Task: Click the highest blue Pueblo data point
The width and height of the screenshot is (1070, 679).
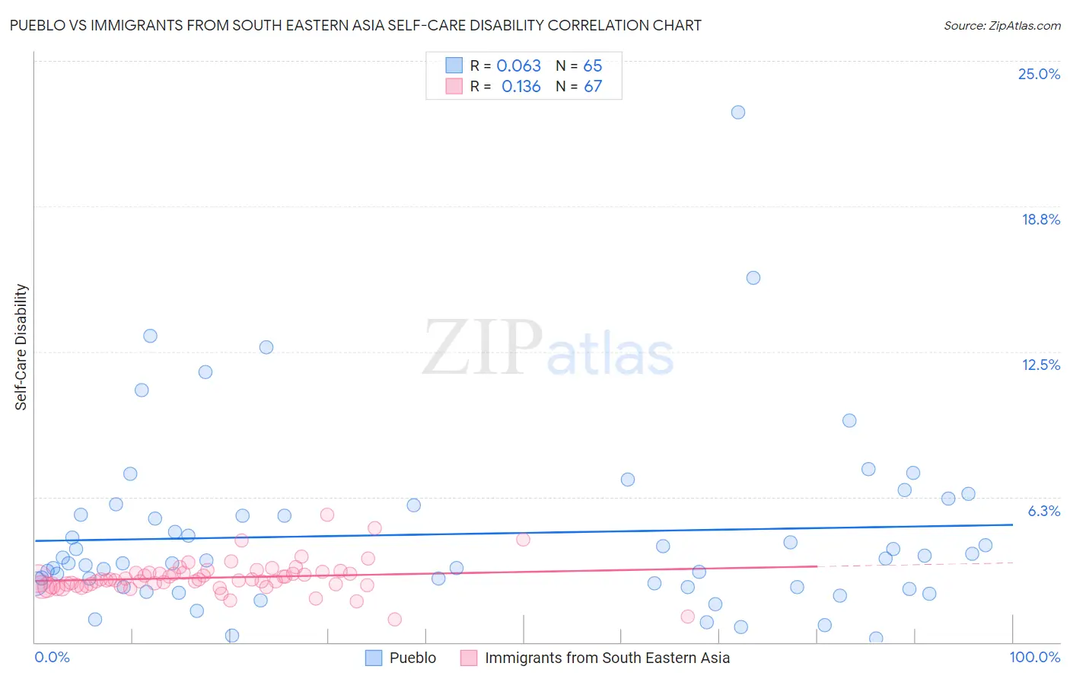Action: coord(737,112)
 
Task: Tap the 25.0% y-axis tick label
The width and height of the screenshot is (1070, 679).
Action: coord(1039,74)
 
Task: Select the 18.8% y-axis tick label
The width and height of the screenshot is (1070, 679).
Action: coord(1040,219)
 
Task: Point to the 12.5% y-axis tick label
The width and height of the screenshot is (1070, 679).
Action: coord(1040,365)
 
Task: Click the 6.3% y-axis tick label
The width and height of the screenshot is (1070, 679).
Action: coord(1043,511)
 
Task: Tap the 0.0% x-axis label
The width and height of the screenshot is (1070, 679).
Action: coord(52,657)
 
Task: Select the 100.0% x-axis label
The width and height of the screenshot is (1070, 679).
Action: coord(1034,657)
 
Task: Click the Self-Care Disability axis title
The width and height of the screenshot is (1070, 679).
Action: coord(21,347)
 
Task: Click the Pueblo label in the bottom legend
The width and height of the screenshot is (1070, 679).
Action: coord(412,658)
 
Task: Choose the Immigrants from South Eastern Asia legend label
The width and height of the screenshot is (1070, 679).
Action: coord(607,658)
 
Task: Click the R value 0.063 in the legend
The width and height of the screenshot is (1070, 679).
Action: coord(518,66)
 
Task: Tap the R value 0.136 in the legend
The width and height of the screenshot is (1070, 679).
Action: coord(521,87)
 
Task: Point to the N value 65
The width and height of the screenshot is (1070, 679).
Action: coord(592,66)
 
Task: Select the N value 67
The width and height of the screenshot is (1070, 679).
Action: coord(592,87)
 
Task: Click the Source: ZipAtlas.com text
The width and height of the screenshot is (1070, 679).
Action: coord(1002,26)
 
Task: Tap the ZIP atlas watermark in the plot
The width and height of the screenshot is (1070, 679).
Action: coord(548,349)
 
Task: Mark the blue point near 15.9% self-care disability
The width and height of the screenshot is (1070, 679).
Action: coord(753,278)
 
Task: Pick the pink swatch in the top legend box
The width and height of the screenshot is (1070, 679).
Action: coord(454,86)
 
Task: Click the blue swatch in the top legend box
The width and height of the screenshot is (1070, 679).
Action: coord(454,65)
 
